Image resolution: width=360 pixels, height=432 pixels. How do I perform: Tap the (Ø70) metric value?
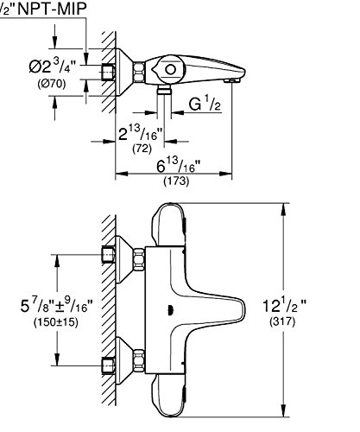coord(52,84)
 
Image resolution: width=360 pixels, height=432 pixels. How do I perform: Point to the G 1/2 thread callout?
coord(205,105)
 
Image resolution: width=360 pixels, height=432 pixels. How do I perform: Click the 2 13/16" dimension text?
coord(141,132)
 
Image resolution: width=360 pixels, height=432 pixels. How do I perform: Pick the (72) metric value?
coord(142,149)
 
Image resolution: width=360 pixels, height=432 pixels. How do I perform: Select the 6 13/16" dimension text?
coord(179,165)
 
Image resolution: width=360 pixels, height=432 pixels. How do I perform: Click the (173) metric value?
coord(176,181)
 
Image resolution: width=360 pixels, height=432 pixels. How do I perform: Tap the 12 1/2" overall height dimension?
coord(284,305)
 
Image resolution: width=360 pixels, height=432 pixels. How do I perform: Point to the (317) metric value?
coord(282,321)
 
